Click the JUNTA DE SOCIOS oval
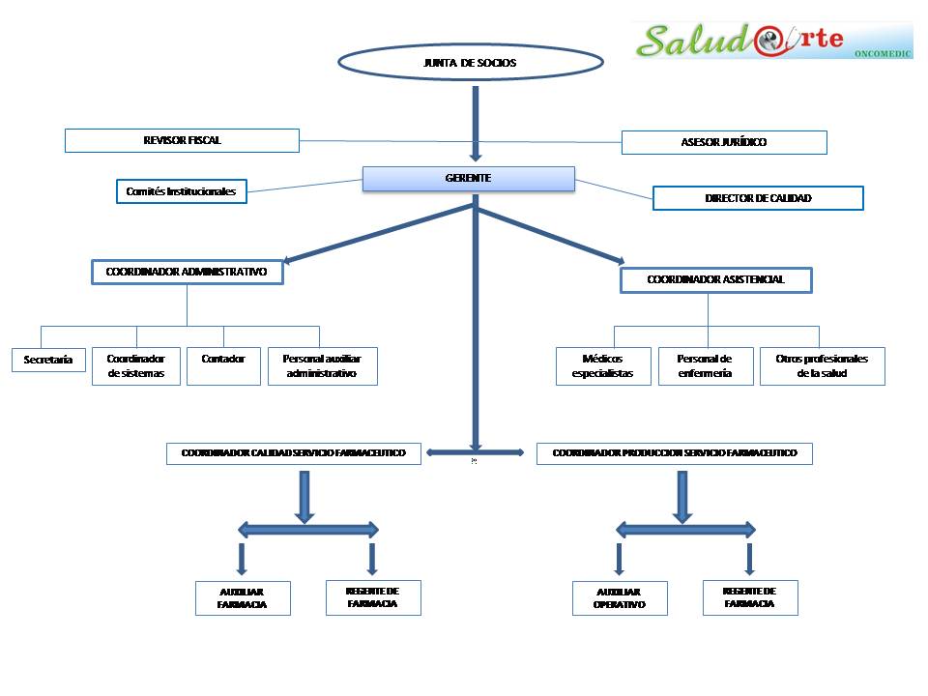[470, 63]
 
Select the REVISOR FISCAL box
[182, 140]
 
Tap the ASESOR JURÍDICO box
[723, 142]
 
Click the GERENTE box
[468, 179]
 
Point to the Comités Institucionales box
[181, 191]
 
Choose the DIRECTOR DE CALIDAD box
[757, 198]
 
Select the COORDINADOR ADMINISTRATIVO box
[188, 273]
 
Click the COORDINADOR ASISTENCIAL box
[715, 279]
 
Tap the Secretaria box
[48, 360]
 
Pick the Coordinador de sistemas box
[136, 366]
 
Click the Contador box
[223, 366]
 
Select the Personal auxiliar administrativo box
[322, 366]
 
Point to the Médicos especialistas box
[602, 366]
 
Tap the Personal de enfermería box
[706, 366]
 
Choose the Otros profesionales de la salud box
[822, 366]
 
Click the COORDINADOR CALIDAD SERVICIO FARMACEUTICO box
[294, 453]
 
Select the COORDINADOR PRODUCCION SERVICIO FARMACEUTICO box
[674, 453]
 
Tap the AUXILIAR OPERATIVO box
[620, 598]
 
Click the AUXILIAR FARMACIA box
[242, 598]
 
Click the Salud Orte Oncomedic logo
[772, 41]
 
